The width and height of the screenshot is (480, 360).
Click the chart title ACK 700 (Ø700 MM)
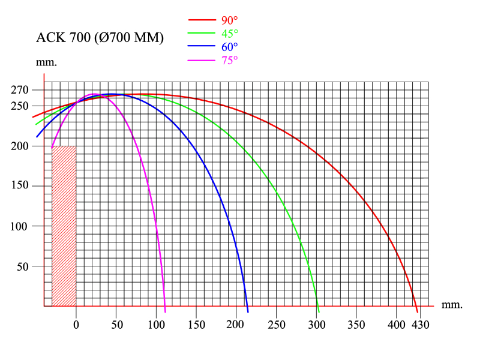[100, 38]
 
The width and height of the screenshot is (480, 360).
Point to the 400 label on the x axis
[396, 325]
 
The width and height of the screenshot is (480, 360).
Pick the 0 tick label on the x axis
[76, 325]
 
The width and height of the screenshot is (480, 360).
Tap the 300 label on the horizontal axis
[316, 325]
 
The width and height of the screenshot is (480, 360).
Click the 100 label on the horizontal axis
[156, 325]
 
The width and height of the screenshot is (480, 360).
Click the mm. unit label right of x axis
[452, 305]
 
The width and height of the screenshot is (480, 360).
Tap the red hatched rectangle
[64, 226]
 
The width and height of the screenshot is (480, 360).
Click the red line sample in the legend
[202, 19]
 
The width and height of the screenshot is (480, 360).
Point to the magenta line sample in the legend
[202, 59]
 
